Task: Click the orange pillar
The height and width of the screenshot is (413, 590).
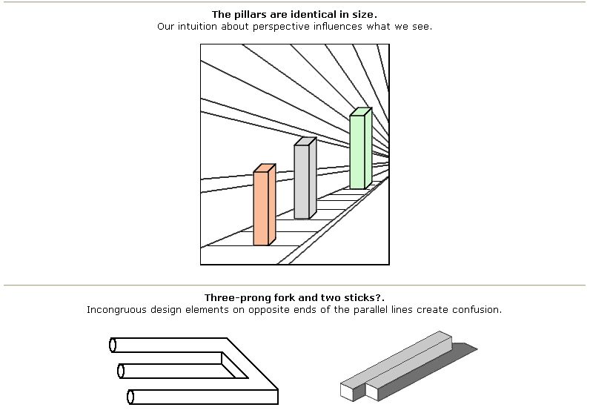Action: tap(261, 208)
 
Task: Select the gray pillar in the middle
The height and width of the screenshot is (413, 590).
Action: tap(301, 182)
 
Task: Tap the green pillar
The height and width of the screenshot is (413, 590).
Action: tap(357, 152)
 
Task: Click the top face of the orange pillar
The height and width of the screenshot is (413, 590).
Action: tap(265, 168)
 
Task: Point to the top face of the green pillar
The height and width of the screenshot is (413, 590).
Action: tap(359, 112)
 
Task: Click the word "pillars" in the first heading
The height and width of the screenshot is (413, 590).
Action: tap(248, 14)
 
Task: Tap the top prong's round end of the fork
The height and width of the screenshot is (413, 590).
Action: tap(113, 345)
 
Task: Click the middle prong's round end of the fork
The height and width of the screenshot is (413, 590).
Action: tap(120, 370)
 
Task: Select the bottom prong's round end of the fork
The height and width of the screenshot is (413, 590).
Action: tap(131, 397)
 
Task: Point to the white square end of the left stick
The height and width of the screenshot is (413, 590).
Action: tap(346, 391)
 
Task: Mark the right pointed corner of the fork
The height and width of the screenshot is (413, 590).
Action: tap(276, 388)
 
